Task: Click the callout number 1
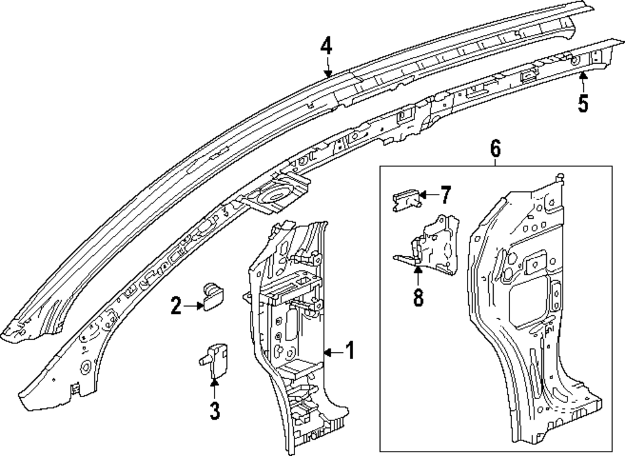pyautogui.click(x=350, y=352)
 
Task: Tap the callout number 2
pyautogui.click(x=176, y=306)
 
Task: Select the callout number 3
pyautogui.click(x=214, y=411)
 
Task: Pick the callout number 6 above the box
pyautogui.click(x=495, y=148)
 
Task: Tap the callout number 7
pyautogui.click(x=444, y=196)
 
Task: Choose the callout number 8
pyautogui.click(x=417, y=296)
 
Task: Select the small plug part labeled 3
pyautogui.click(x=214, y=357)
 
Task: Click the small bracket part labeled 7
pyautogui.click(x=404, y=200)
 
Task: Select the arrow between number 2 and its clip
pyautogui.click(x=192, y=306)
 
